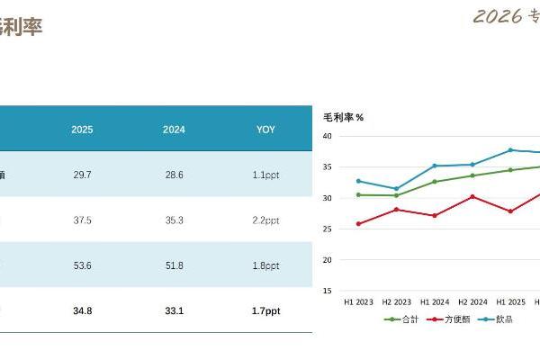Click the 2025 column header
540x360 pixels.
tap(82, 130)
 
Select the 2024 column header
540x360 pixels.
tap(174, 130)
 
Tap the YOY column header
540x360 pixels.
tap(265, 130)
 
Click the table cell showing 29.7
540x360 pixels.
tap(82, 175)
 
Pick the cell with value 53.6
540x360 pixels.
tap(82, 265)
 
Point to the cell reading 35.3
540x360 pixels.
tap(174, 220)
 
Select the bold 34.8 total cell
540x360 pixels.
tap(82, 310)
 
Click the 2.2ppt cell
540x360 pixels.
tap(265, 220)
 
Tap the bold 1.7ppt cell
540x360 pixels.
tap(265, 310)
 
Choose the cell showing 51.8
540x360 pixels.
tap(174, 265)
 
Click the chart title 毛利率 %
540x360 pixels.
tap(343, 117)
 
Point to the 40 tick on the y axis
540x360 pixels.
tap(328, 136)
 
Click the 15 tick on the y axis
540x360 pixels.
tap(328, 291)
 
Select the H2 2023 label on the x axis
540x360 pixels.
tap(397, 302)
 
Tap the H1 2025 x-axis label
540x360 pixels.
tap(510, 302)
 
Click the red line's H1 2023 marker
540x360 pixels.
tap(358, 224)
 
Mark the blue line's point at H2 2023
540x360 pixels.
tap(397, 189)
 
